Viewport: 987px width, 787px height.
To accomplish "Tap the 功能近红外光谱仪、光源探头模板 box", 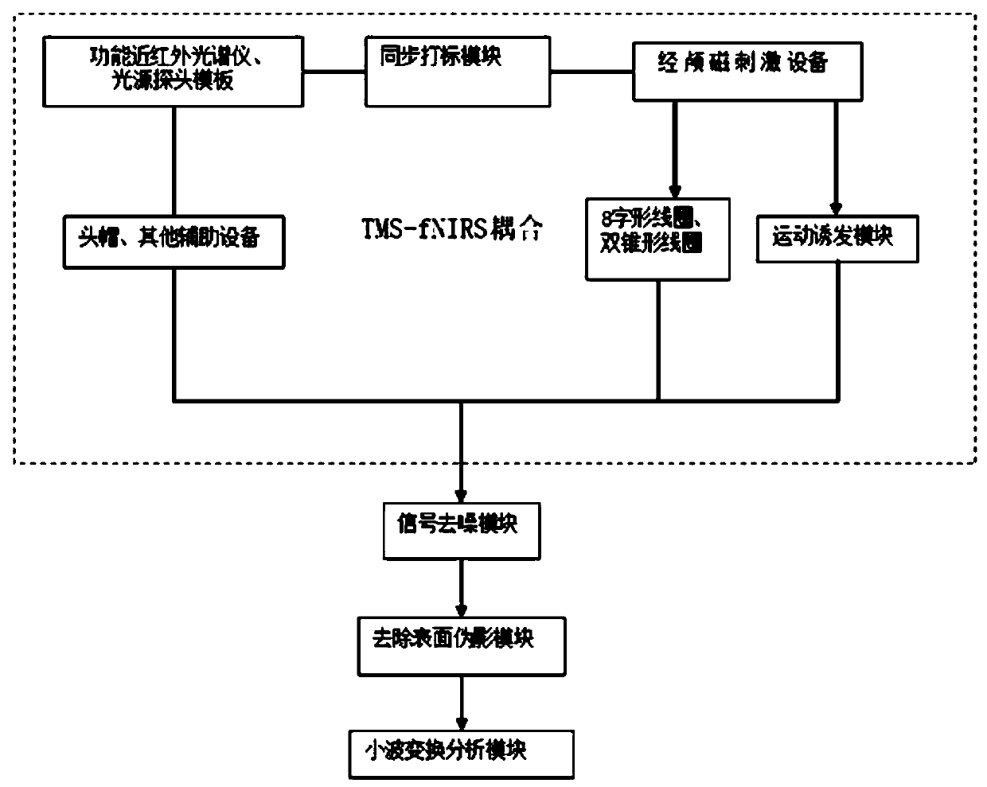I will pyautogui.click(x=173, y=72).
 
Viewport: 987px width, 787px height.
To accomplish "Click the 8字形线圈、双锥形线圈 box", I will pyautogui.click(x=657, y=239).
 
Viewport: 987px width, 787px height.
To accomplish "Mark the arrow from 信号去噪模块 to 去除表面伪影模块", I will pyautogui.click(x=461, y=589).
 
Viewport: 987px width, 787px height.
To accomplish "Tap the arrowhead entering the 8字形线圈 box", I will pyautogui.click(x=675, y=191).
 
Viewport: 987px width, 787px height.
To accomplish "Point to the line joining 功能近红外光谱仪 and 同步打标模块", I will pyautogui.click(x=334, y=73).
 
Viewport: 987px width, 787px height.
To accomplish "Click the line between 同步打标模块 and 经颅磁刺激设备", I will pyautogui.click(x=591, y=73).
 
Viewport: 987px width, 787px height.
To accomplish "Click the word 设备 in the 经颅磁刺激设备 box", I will pyautogui.click(x=808, y=63).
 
